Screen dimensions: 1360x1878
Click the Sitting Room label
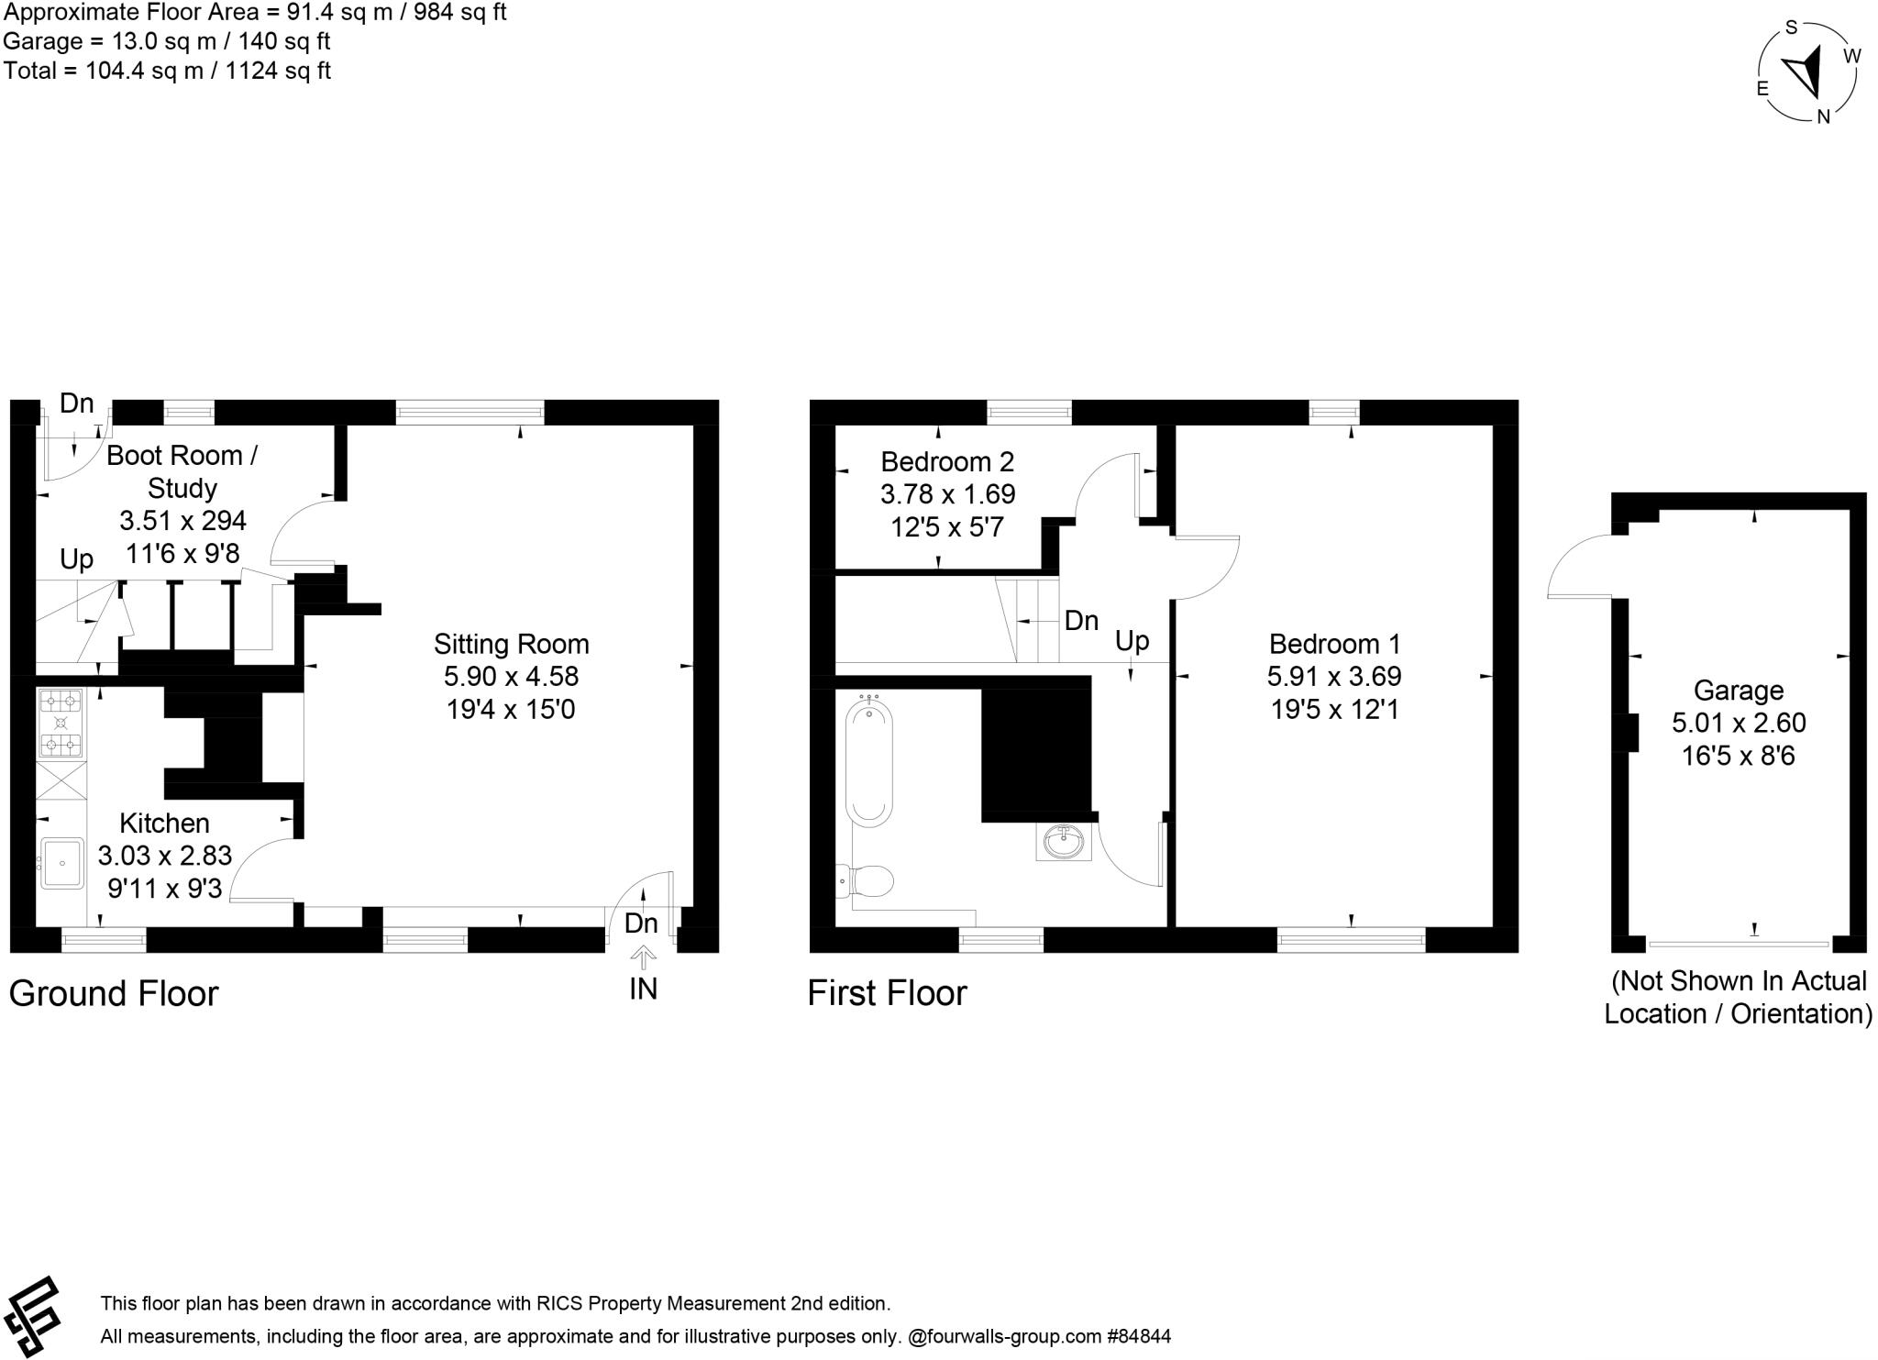pos(511,644)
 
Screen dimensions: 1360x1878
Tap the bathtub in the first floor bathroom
pos(868,760)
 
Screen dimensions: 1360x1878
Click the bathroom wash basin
pos(1064,841)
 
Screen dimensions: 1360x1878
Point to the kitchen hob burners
pos(61,723)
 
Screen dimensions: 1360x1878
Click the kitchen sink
pos(61,863)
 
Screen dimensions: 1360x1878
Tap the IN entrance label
pos(643,989)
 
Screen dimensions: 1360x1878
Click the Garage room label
pos(1738,690)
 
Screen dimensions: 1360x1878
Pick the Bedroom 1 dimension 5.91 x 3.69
pos(1333,677)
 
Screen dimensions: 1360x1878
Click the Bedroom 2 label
pos(947,461)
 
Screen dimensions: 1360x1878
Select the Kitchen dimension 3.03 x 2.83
pos(165,856)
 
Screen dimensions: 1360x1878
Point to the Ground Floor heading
pos(114,994)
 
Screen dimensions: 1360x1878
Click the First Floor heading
pos(887,994)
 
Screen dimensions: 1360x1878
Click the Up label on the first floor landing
pos(1132,640)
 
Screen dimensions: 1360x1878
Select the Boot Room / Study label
pos(182,471)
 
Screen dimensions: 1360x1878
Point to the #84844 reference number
pos(1139,1336)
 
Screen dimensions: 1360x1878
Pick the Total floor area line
pos(167,71)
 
